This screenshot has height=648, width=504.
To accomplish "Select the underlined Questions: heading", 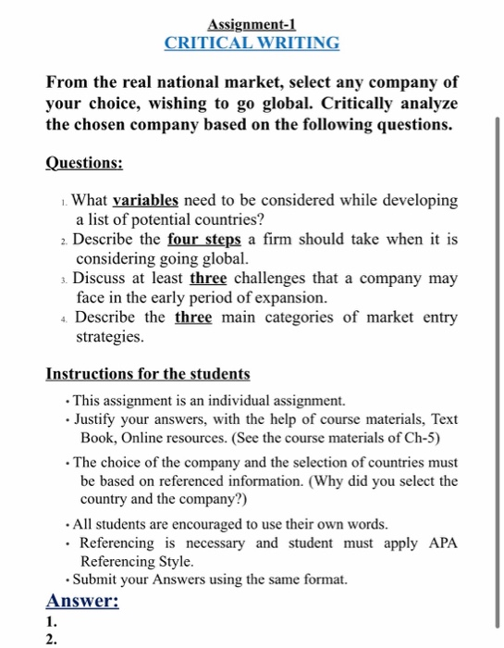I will pos(84,162).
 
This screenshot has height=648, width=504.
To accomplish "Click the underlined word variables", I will pos(145,200).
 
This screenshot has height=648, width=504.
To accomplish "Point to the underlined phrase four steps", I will pos(218,238).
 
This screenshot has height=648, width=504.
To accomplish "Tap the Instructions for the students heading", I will pos(148,374).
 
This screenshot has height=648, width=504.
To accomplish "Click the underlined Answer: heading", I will pos(82,601).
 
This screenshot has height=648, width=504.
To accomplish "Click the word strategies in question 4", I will pos(109,337).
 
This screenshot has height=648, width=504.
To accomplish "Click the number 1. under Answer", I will pos(52,622).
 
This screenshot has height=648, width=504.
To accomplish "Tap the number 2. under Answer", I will pos(52,639).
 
